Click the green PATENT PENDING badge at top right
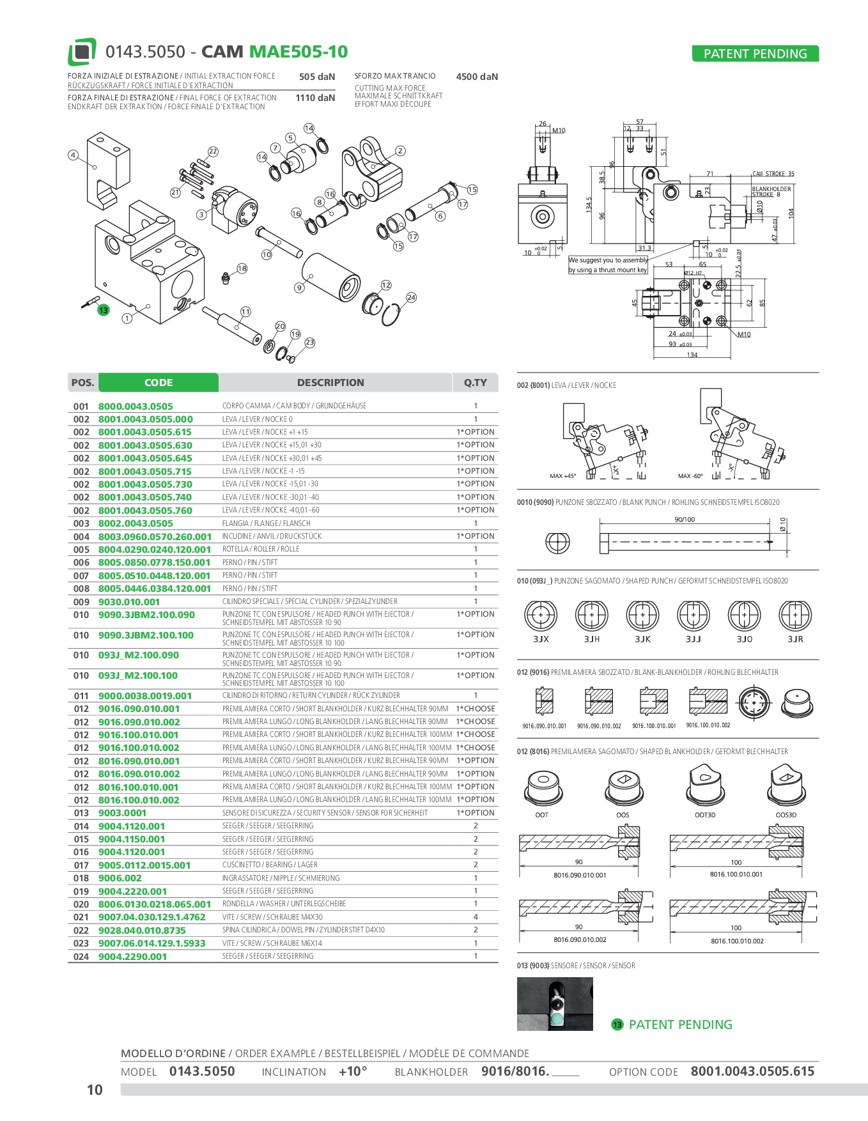(755, 54)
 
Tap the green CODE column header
(159, 382)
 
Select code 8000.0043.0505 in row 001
(136, 406)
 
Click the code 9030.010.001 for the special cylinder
(129, 601)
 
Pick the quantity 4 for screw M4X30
(476, 916)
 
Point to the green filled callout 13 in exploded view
(103, 310)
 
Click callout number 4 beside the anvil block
(73, 155)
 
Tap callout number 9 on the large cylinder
(299, 288)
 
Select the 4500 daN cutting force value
(477, 77)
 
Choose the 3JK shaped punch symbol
(642, 616)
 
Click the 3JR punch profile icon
(795, 616)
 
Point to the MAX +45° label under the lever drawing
(562, 476)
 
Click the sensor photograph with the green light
(554, 1004)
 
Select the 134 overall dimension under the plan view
(692, 355)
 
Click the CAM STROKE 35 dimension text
(773, 174)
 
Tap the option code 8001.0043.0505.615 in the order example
(752, 1071)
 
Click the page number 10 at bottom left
(95, 1090)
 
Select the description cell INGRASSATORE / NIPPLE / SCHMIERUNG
(281, 878)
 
